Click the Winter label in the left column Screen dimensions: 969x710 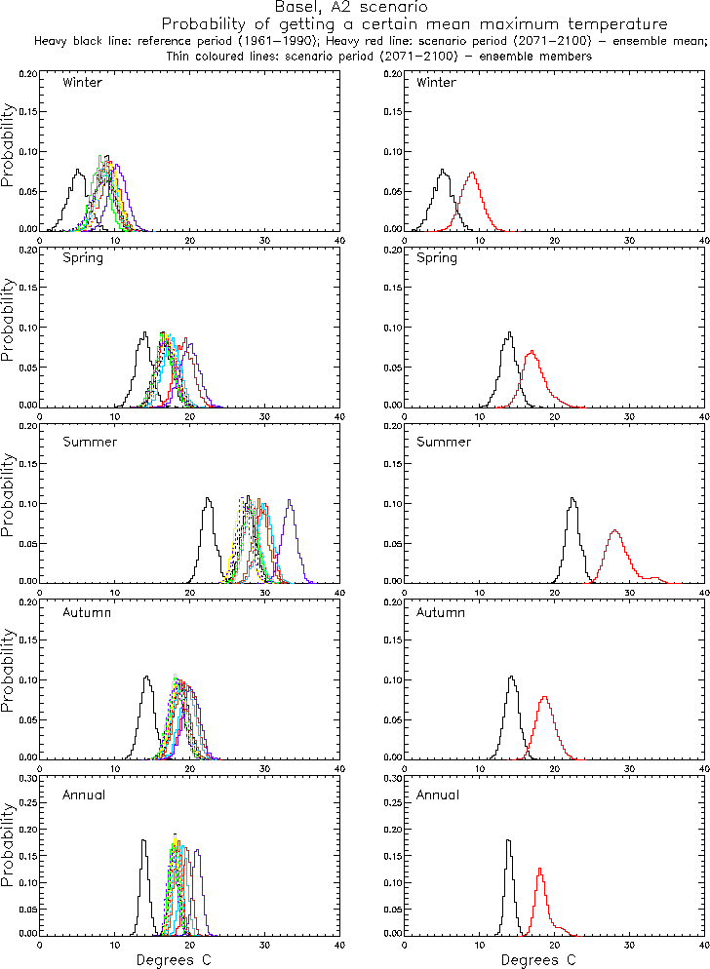82,82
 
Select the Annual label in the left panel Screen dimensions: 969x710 82,795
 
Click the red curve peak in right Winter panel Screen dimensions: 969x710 473,174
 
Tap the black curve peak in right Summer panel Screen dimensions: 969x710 572,499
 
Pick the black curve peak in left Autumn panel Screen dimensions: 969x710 145,677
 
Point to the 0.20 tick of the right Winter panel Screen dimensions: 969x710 394,73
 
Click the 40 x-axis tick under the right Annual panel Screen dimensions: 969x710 705,944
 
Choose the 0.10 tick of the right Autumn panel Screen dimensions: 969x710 394,679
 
